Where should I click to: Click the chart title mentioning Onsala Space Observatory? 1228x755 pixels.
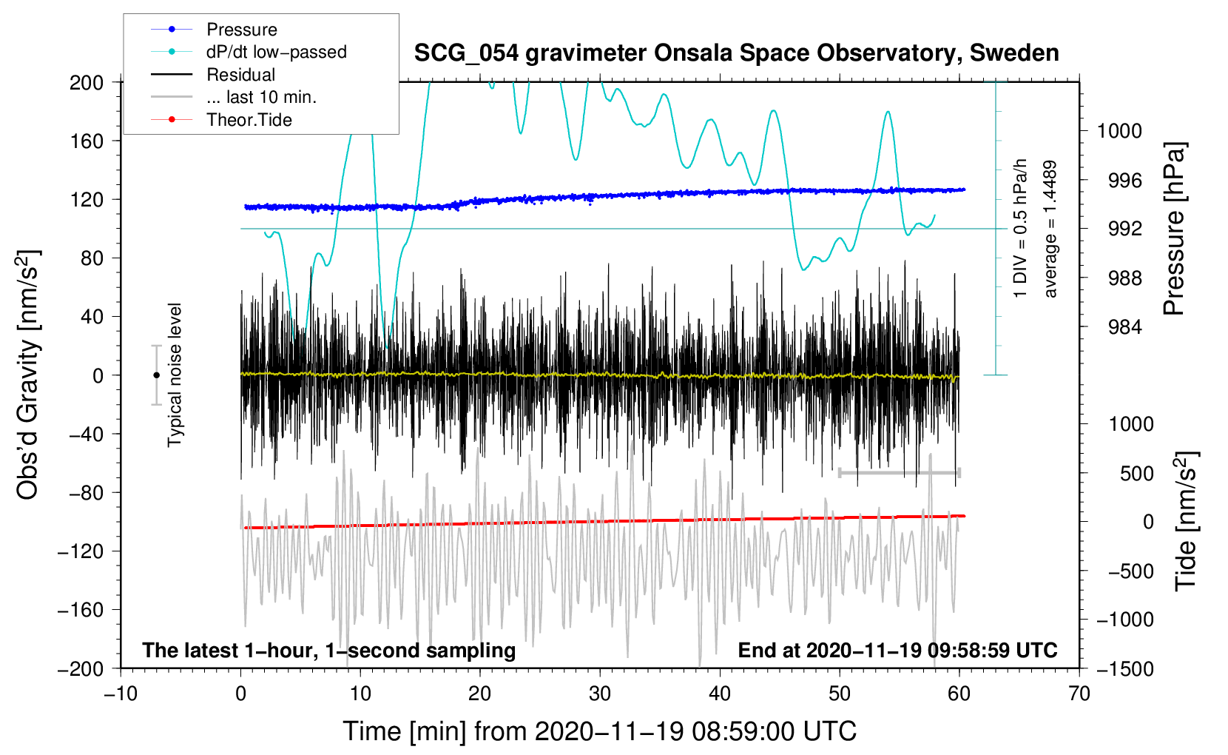click(x=736, y=53)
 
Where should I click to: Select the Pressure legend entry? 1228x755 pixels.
click(x=241, y=30)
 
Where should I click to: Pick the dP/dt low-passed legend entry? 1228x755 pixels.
click(x=276, y=52)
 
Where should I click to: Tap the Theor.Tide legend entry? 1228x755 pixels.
click(x=249, y=120)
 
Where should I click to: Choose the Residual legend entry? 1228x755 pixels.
click(x=240, y=75)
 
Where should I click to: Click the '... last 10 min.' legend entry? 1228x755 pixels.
click(x=261, y=97)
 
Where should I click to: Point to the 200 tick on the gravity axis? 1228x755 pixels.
click(x=87, y=82)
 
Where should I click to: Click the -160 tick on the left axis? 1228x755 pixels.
click(x=81, y=610)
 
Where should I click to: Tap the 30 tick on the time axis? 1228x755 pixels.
click(x=600, y=694)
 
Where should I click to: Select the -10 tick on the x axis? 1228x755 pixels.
click(x=121, y=694)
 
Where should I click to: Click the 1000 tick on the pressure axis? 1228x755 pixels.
click(x=1119, y=131)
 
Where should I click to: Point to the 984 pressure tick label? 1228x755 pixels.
click(x=1125, y=327)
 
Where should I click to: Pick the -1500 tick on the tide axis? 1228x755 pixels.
click(x=1125, y=668)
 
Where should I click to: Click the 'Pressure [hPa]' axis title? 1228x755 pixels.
click(x=1174, y=229)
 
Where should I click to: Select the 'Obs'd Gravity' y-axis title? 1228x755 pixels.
click(x=28, y=375)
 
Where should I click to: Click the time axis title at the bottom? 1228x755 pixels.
click(x=599, y=731)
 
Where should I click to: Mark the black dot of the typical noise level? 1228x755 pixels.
click(x=156, y=375)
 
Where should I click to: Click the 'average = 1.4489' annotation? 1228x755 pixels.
click(x=1050, y=229)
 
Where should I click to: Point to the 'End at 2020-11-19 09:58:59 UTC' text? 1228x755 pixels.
click(x=897, y=650)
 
